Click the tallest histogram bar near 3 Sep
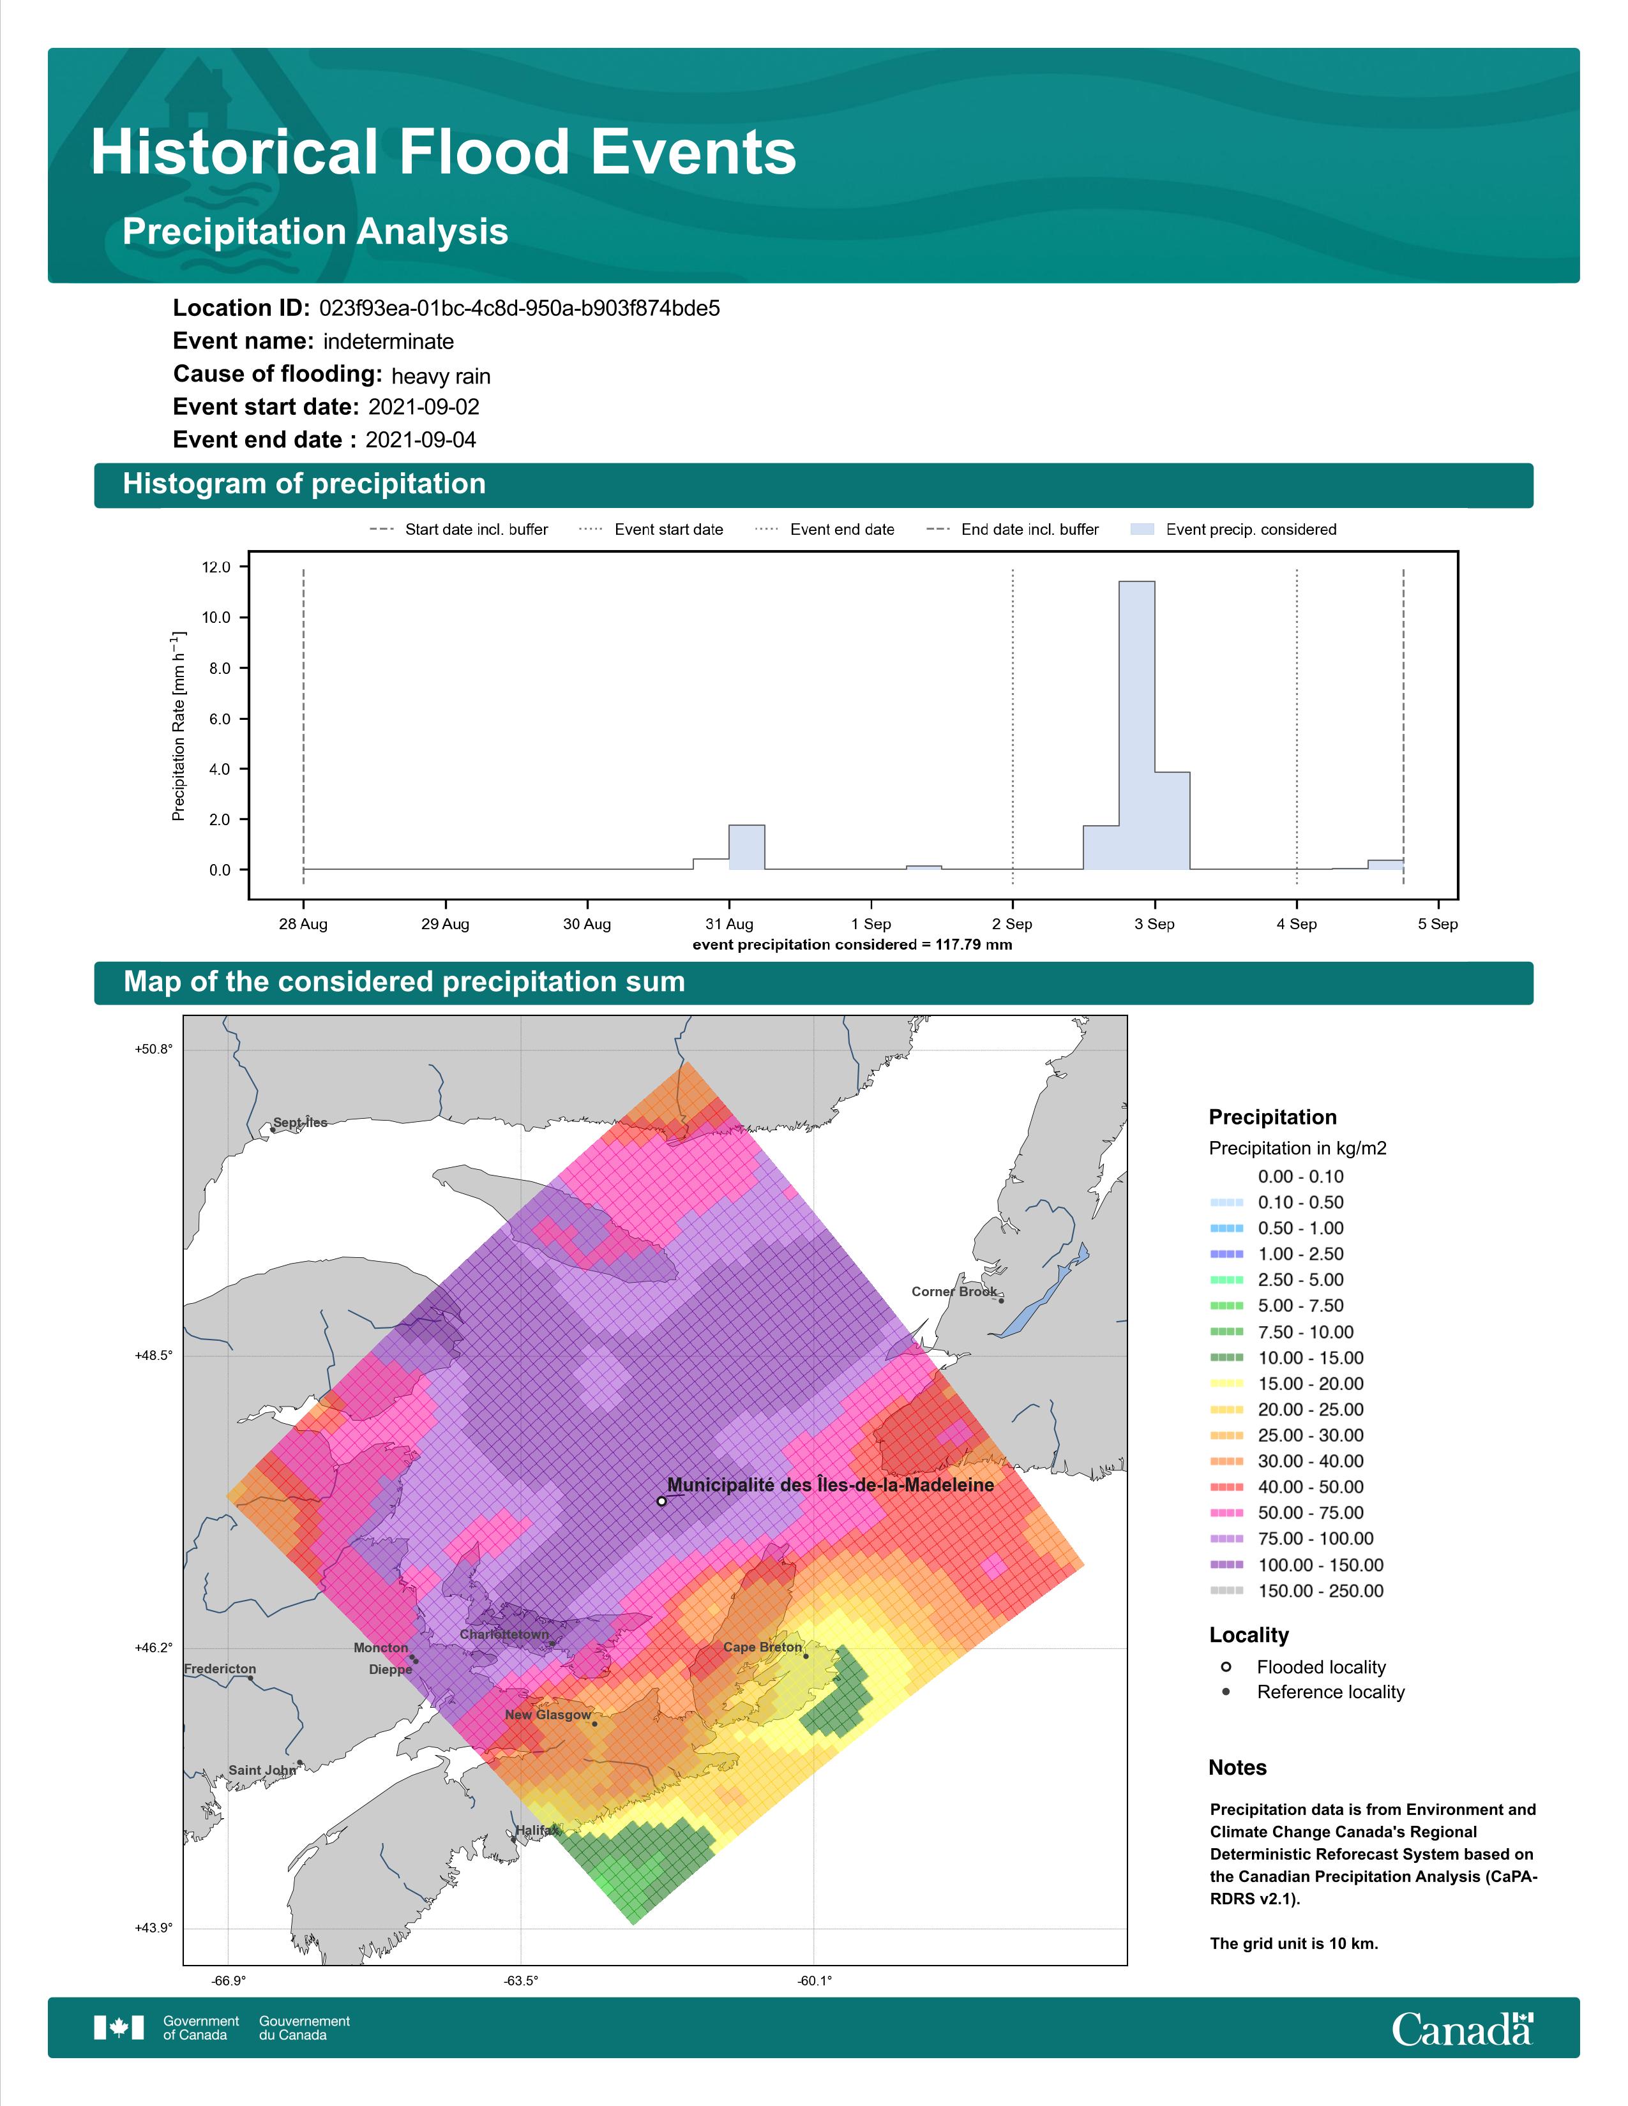pyautogui.click(x=1136, y=725)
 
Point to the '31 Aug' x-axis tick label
pyautogui.click(x=729, y=924)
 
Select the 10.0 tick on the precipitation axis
pyautogui.click(x=216, y=617)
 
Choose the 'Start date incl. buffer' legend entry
pyautogui.click(x=458, y=530)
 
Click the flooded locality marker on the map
pyautogui.click(x=661, y=1502)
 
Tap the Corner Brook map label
pyautogui.click(x=954, y=1291)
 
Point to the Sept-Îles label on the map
pyautogui.click(x=300, y=1123)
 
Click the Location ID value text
pyautogui.click(x=520, y=309)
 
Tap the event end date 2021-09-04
pyautogui.click(x=421, y=440)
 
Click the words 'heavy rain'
pyautogui.click(x=441, y=376)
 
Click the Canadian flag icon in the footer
pyautogui.click(x=119, y=2028)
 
